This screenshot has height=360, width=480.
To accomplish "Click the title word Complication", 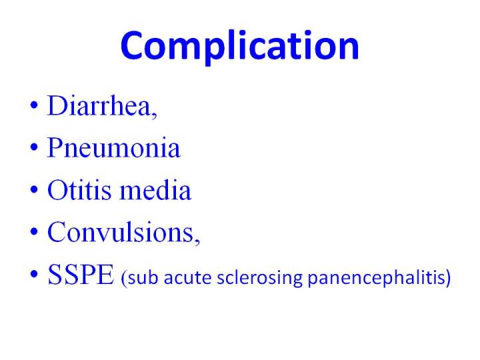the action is (x=240, y=46).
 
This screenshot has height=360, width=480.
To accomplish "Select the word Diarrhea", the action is (x=99, y=105).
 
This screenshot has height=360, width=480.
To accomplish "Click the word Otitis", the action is (x=79, y=190).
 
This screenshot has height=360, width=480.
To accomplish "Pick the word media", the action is (x=155, y=189).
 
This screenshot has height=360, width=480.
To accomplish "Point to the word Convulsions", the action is (x=121, y=232).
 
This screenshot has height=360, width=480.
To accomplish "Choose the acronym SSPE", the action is (x=81, y=274).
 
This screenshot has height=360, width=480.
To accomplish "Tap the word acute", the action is (x=187, y=278).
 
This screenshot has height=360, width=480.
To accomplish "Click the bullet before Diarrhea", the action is (x=34, y=105).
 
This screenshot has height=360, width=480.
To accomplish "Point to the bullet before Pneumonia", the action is (x=34, y=147).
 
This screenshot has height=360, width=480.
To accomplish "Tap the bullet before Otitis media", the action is (x=34, y=189).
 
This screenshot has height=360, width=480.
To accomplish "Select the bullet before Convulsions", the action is (x=34, y=232).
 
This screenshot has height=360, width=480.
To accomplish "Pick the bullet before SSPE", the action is (x=34, y=274).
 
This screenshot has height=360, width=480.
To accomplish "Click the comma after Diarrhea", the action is (x=154, y=115).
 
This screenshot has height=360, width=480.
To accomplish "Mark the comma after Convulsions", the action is (x=197, y=241).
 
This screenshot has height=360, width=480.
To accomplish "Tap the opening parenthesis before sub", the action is (x=124, y=279).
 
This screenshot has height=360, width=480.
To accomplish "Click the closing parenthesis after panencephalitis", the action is (x=448, y=279).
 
